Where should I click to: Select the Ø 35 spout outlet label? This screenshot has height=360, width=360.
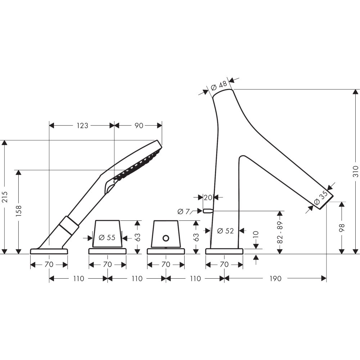320,198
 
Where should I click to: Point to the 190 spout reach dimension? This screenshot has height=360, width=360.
275,279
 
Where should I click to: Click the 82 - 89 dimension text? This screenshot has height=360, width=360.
280,232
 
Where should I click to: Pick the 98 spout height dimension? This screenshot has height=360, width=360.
342,228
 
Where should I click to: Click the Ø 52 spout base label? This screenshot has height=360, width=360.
225,230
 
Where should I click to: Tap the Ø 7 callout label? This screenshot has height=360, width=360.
184,211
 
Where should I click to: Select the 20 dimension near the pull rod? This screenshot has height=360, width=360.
208,197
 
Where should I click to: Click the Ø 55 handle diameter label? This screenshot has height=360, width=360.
107,237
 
